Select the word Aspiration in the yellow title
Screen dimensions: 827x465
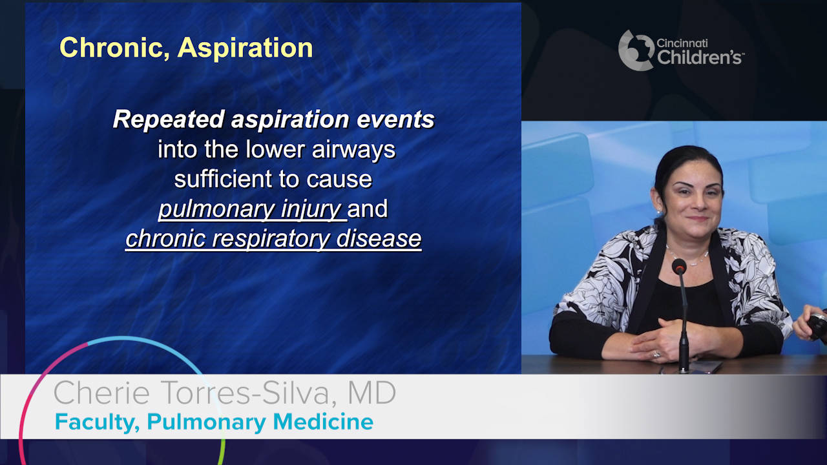245,48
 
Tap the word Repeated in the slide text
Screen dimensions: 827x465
169,120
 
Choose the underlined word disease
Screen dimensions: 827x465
379,238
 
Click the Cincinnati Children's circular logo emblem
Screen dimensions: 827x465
636,50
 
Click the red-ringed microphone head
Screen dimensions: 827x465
679,266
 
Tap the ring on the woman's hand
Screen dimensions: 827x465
657,355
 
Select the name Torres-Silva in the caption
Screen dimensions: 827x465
244,393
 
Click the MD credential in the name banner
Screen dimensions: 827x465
372,392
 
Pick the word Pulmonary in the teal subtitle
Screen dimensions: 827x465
206,422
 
